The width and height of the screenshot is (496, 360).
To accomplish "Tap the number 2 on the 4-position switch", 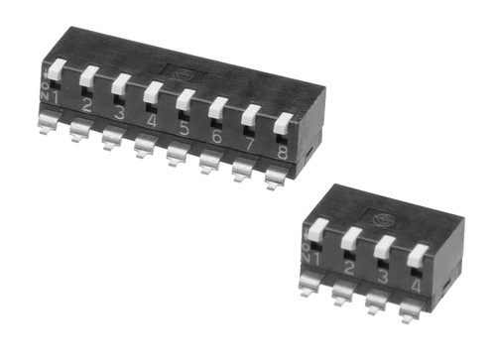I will (348, 270).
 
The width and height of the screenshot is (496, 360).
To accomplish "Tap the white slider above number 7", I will (251, 117).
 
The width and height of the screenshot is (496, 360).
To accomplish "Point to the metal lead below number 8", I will (276, 178).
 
